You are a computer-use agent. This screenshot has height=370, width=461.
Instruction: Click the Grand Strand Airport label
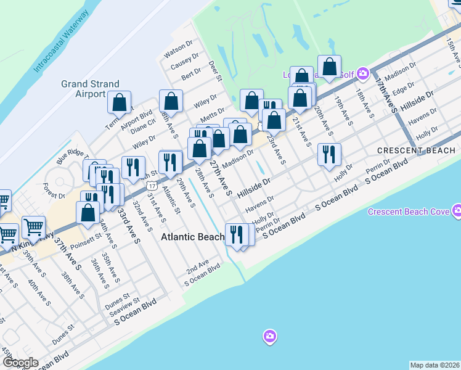[83, 89]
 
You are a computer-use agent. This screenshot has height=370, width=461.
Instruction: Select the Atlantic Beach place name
[193, 237]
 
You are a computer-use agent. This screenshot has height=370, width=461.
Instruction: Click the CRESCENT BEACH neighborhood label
[417, 150]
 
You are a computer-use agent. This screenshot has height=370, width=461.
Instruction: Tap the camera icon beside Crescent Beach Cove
[456, 212]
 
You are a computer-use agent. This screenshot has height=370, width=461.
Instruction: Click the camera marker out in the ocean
[269, 337]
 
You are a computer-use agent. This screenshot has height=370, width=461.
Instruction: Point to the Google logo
[20, 363]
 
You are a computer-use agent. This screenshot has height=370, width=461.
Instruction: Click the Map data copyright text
[435, 365]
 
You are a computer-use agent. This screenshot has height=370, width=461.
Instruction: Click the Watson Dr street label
[177, 50]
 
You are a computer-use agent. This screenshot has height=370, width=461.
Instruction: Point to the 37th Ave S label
[67, 253]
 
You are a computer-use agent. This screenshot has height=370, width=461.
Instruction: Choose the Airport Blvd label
[136, 117]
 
